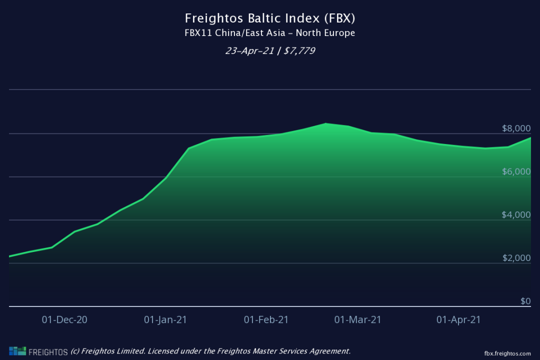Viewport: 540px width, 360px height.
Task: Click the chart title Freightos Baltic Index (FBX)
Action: (x=270, y=18)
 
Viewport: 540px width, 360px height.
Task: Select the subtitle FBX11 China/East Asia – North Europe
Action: (x=270, y=33)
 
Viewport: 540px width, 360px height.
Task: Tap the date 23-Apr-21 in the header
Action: (x=249, y=50)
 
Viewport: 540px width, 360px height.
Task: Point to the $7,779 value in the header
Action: (x=298, y=50)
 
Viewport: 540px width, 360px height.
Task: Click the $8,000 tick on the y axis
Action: (x=516, y=128)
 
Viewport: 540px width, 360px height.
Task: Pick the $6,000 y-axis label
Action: (x=516, y=172)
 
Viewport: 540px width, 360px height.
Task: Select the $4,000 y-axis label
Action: (x=516, y=215)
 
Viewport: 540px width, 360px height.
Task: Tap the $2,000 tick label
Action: (x=516, y=258)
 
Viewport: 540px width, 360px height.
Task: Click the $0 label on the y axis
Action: (x=525, y=301)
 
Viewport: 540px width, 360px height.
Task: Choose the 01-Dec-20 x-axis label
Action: (x=64, y=320)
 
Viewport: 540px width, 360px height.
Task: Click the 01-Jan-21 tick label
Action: (x=165, y=320)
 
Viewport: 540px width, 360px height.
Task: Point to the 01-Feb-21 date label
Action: (x=266, y=320)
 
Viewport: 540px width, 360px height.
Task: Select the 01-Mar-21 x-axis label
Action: (x=357, y=320)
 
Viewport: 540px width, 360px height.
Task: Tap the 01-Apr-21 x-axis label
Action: (x=458, y=320)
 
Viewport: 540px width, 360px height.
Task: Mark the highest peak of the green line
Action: (x=326, y=123)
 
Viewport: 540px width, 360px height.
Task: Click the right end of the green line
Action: (x=530, y=137)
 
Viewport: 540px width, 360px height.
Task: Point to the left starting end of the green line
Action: (x=10, y=256)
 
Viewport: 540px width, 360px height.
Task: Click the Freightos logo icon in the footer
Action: (x=17, y=351)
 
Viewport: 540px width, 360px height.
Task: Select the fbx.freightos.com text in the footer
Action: (x=507, y=353)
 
